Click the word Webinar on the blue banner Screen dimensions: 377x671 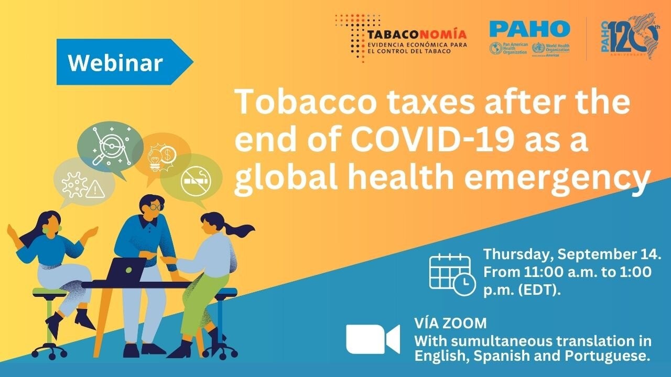[x=115, y=62]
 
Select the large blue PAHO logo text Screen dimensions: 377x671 [x=529, y=28]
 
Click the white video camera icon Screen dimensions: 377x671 [x=373, y=339]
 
